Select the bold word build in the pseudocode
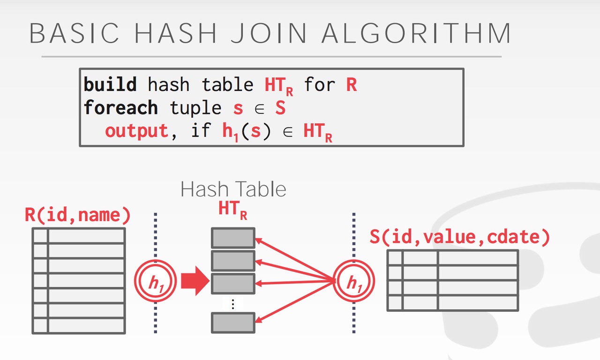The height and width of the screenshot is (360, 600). tap(110, 85)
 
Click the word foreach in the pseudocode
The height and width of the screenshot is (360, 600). tap(120, 108)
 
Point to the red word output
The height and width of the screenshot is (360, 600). tap(136, 131)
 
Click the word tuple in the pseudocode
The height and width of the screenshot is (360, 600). tap(195, 108)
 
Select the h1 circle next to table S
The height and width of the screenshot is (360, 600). tap(353, 282)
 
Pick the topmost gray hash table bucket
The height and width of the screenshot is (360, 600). tap(233, 238)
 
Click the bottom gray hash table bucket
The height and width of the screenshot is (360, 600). tap(233, 322)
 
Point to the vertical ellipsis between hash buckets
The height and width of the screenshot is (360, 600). tap(233, 304)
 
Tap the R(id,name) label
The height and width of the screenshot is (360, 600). tap(77, 215)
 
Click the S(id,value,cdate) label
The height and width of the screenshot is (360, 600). tap(459, 237)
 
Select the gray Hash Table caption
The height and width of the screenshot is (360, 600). tap(233, 189)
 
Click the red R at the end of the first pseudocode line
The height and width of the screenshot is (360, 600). tap(351, 85)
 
